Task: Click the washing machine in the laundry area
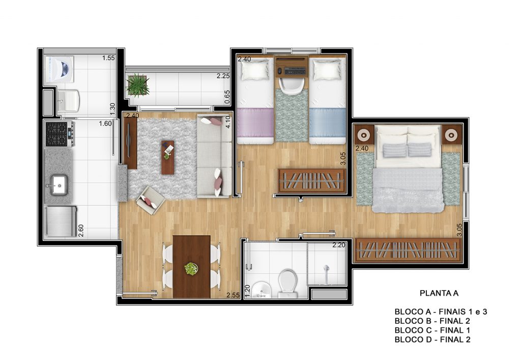tap(59, 69)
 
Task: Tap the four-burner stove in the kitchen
tap(60, 134)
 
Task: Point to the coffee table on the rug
tap(168, 157)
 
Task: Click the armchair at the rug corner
tap(151, 200)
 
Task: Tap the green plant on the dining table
tap(191, 268)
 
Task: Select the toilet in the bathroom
tap(287, 284)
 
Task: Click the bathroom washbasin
tap(262, 290)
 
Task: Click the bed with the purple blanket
tap(255, 100)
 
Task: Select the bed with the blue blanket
tap(328, 100)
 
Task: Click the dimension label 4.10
tap(227, 122)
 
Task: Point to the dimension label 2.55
tap(233, 295)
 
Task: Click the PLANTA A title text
tap(439, 293)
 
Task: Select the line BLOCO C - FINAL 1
tap(432, 330)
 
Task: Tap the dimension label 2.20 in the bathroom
tap(339, 245)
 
